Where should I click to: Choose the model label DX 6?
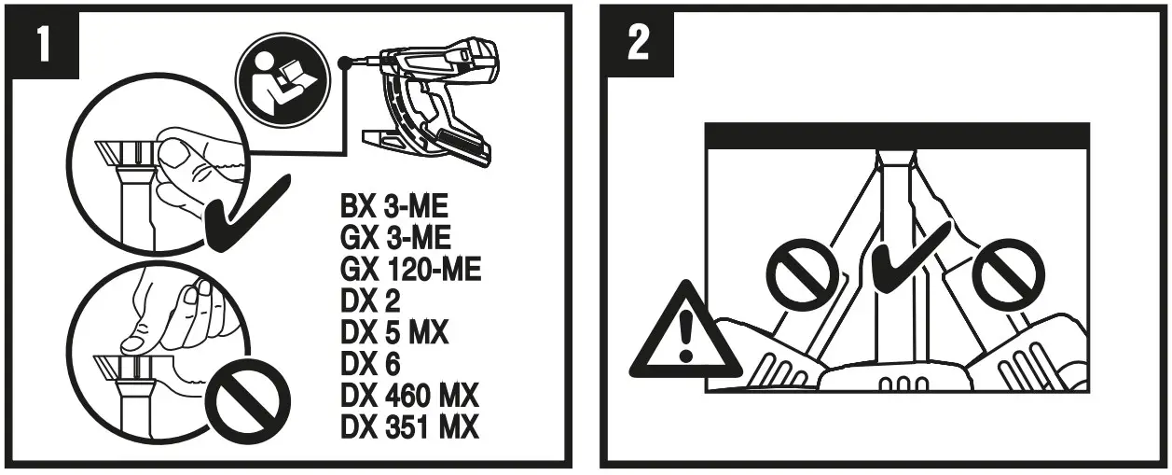368,364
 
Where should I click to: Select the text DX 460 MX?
409,396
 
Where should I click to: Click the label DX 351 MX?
409,426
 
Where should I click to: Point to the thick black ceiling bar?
897,135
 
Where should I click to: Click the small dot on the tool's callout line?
346,63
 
